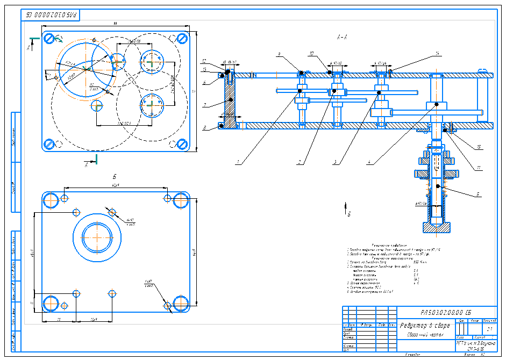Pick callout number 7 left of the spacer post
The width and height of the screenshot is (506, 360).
point(205,105)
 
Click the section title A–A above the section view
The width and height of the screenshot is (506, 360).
point(341,38)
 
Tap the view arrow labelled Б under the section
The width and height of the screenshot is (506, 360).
point(345,210)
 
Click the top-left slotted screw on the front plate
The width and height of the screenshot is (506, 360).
point(49,38)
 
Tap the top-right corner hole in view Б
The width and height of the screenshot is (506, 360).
point(180,199)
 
